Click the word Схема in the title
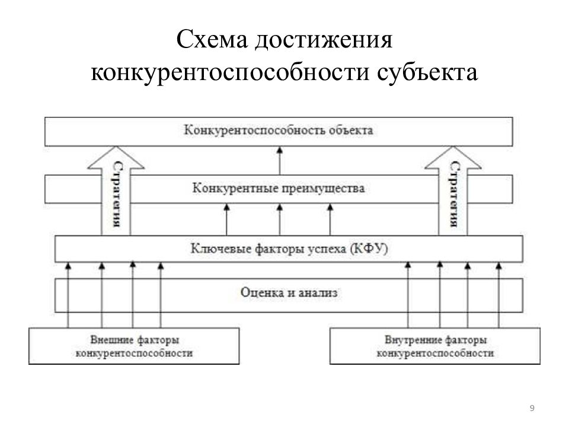click(x=212, y=40)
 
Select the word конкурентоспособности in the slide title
click(x=230, y=72)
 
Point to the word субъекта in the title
click(x=427, y=72)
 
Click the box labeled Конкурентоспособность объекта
click(x=279, y=132)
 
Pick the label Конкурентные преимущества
click(x=279, y=188)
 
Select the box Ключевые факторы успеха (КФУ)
click(x=289, y=248)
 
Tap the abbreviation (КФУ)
click(x=369, y=248)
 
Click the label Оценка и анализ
click(x=289, y=292)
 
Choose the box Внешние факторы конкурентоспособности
click(x=134, y=346)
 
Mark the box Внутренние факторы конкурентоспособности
click(x=434, y=346)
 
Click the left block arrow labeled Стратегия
click(x=116, y=190)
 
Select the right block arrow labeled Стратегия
click(x=453, y=190)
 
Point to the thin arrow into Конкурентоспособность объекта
click(x=280, y=161)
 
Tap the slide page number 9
click(x=532, y=408)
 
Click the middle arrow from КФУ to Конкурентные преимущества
click(x=280, y=219)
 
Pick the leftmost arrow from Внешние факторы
click(x=68, y=295)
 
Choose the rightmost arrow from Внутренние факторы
click(x=499, y=295)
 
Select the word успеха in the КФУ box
click(x=327, y=249)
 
